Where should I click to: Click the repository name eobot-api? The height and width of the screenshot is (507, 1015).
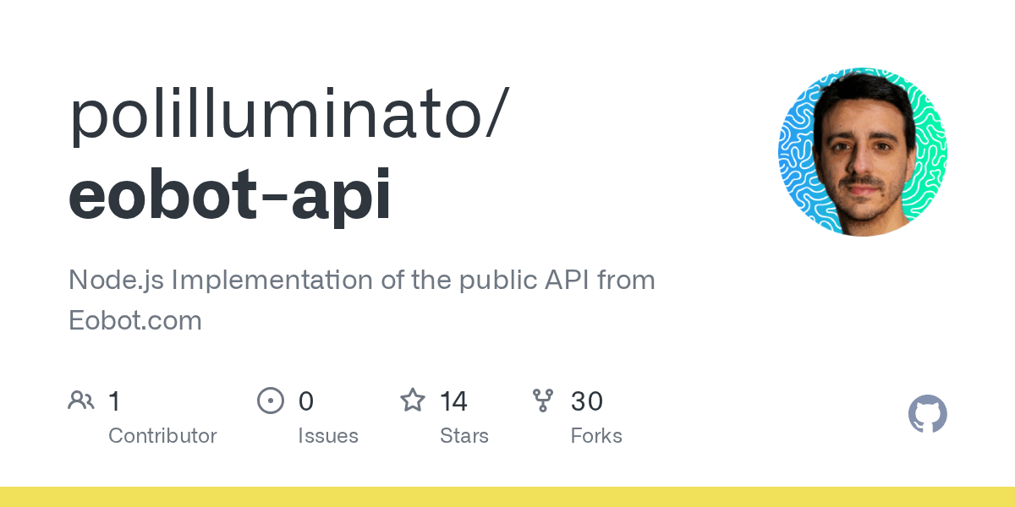coord(229,195)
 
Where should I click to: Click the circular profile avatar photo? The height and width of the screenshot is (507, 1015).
coord(863,152)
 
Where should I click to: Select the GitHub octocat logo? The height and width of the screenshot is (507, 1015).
coord(928,414)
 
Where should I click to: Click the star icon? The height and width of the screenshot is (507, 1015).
coord(413,401)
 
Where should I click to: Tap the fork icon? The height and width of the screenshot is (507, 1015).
coord(543,401)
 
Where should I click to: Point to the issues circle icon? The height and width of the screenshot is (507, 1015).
coord(271,401)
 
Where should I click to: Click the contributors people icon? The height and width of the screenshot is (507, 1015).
coord(81,401)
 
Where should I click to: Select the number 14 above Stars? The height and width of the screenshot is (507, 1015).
coord(453,401)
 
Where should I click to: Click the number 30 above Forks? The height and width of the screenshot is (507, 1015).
coord(587,401)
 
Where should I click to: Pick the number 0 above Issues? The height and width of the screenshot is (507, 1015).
coord(306,401)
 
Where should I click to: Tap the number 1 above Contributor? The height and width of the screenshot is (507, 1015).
coord(115,401)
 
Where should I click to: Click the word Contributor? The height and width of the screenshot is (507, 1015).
coord(162,435)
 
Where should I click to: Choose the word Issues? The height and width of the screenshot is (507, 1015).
coord(328,435)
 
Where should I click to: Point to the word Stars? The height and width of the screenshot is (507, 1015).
coord(464,435)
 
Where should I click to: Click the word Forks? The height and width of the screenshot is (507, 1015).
coord(596,435)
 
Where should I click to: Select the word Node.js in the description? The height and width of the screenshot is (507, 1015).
coord(116,281)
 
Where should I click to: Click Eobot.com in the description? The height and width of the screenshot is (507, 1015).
coord(135,320)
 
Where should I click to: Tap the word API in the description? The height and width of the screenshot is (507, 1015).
coord(567,280)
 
